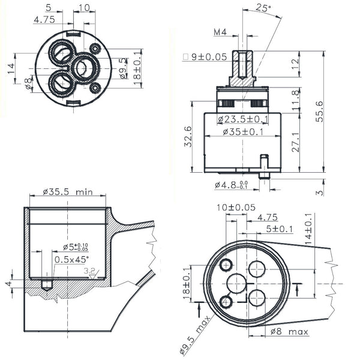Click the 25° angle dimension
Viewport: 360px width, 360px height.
click(x=263, y=8)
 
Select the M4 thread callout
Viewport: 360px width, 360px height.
click(x=220, y=32)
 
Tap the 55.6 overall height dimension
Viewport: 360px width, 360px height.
click(x=319, y=112)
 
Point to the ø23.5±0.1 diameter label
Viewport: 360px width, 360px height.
click(x=242, y=119)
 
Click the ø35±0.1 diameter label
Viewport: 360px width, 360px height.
click(x=243, y=132)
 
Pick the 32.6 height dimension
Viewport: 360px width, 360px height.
click(x=188, y=137)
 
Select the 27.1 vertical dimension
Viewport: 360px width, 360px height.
click(x=295, y=142)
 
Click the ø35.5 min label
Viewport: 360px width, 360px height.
click(x=68, y=192)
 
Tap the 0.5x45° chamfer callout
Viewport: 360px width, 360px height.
click(x=71, y=259)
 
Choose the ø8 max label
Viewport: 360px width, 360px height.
click(x=289, y=332)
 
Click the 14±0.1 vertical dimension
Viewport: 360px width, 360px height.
click(x=308, y=229)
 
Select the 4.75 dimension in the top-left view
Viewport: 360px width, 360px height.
click(x=44, y=20)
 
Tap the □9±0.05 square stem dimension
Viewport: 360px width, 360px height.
click(x=205, y=57)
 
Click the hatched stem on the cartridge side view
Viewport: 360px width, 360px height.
click(x=242, y=68)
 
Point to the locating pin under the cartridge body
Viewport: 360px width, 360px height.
click(x=264, y=167)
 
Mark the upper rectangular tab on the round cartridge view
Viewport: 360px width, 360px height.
click(x=73, y=34)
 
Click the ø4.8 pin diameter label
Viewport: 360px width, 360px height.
click(x=232, y=185)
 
